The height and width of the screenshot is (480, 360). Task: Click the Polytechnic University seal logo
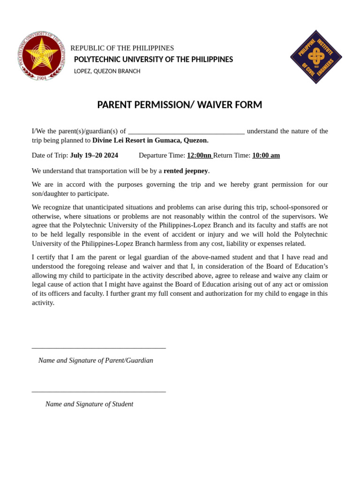click(x=42, y=56)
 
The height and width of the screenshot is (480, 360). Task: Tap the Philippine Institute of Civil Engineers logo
click(x=316, y=57)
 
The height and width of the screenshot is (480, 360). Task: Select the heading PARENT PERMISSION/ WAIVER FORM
click(x=180, y=105)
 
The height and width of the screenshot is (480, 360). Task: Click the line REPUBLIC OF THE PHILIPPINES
click(x=122, y=48)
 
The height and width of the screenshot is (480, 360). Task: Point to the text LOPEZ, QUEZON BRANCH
click(x=107, y=71)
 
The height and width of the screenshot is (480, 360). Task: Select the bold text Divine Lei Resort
click(x=119, y=140)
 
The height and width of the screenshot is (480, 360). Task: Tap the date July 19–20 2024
click(x=94, y=155)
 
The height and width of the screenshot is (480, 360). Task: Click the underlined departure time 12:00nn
click(x=199, y=155)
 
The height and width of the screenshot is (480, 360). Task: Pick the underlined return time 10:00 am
click(x=266, y=155)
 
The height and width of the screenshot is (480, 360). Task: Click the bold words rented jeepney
click(x=186, y=171)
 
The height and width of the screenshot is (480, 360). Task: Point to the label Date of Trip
click(x=50, y=155)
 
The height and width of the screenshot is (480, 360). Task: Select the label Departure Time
click(x=162, y=155)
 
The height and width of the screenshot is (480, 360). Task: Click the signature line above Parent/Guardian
click(x=98, y=348)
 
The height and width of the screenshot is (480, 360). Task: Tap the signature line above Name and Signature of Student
click(x=98, y=391)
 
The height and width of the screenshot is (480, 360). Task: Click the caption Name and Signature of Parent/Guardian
click(x=96, y=360)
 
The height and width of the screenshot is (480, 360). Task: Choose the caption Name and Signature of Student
click(x=89, y=404)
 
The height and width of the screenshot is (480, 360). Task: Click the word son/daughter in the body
click(x=52, y=194)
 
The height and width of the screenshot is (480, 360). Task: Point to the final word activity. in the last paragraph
click(x=43, y=303)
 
